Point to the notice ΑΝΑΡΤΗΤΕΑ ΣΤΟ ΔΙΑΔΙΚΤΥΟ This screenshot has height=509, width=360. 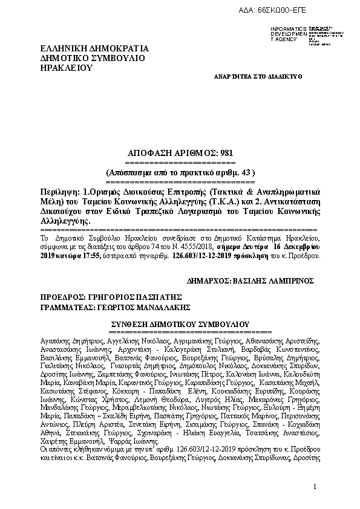tap(258, 77)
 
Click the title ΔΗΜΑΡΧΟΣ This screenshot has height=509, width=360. tap(209, 281)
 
